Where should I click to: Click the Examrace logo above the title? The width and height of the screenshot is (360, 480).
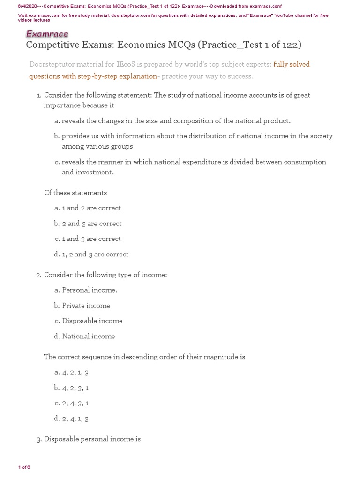(47, 34)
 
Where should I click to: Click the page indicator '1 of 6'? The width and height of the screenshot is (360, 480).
(24, 467)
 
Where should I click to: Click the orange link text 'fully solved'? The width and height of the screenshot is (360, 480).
(292, 64)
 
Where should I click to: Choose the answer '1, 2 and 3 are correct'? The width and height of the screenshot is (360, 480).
(95, 255)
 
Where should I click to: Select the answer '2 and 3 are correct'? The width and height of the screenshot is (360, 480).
(92, 224)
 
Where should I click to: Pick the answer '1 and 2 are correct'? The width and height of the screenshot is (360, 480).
(91, 208)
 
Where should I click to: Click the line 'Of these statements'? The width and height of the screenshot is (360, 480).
(75, 193)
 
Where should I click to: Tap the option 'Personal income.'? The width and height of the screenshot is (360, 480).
(90, 290)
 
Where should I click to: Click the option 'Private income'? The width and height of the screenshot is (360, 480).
(86, 306)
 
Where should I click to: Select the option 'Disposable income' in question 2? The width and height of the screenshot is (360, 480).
(92, 321)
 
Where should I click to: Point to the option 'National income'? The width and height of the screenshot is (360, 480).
(88, 337)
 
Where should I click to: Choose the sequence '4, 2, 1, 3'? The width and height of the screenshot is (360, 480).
(75, 373)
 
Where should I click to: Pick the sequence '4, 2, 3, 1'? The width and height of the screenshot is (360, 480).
(75, 388)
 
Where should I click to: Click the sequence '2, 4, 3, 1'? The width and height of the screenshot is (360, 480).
(75, 403)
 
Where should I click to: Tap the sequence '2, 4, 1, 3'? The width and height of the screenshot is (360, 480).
(75, 419)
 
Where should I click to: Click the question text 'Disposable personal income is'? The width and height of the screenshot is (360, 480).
(92, 439)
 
